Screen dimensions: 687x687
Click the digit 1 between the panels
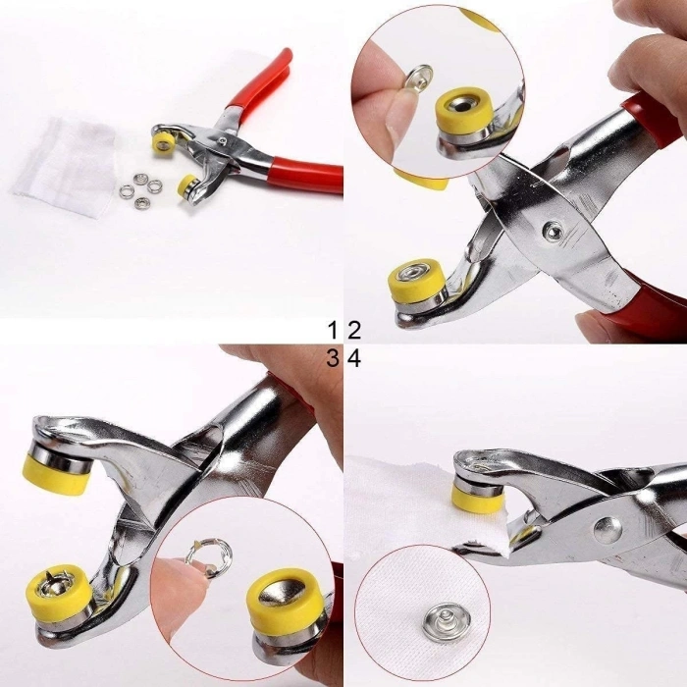335,329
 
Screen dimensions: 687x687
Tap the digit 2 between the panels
353,329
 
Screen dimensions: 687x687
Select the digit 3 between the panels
335,358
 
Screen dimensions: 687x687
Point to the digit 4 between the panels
353,358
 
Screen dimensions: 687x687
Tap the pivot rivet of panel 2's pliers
555,232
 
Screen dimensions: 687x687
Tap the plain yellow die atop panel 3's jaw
59,466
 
